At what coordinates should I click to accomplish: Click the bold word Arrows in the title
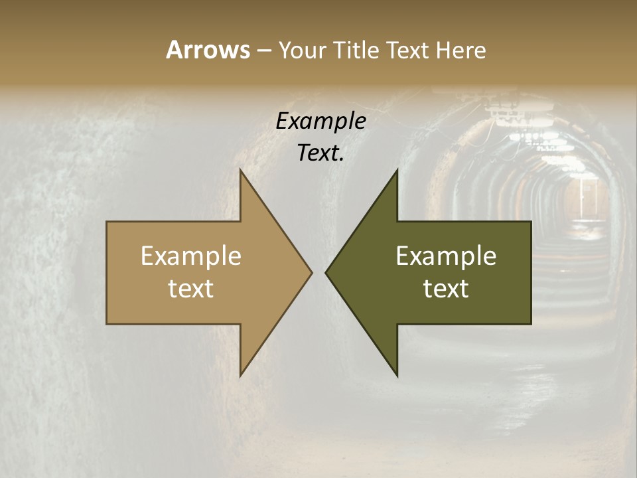[208, 50]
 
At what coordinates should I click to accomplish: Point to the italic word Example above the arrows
[320, 121]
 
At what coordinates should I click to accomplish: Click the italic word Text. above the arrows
[320, 153]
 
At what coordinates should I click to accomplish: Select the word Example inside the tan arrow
[191, 256]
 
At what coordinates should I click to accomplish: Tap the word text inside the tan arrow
[191, 288]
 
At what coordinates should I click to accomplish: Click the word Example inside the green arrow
[446, 256]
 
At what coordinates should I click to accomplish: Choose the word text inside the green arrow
[446, 288]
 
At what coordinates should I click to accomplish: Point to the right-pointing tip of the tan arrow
[311, 272]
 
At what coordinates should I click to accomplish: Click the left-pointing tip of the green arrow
[326, 272]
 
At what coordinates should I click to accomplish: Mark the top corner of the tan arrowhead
[240, 170]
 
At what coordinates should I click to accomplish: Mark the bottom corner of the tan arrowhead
[240, 375]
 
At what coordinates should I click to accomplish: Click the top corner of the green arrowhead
[397, 170]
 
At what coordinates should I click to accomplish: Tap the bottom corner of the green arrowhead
[397, 375]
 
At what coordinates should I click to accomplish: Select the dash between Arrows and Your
[263, 51]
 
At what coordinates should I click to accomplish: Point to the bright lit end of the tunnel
[584, 199]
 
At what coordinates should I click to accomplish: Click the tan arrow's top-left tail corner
[107, 222]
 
